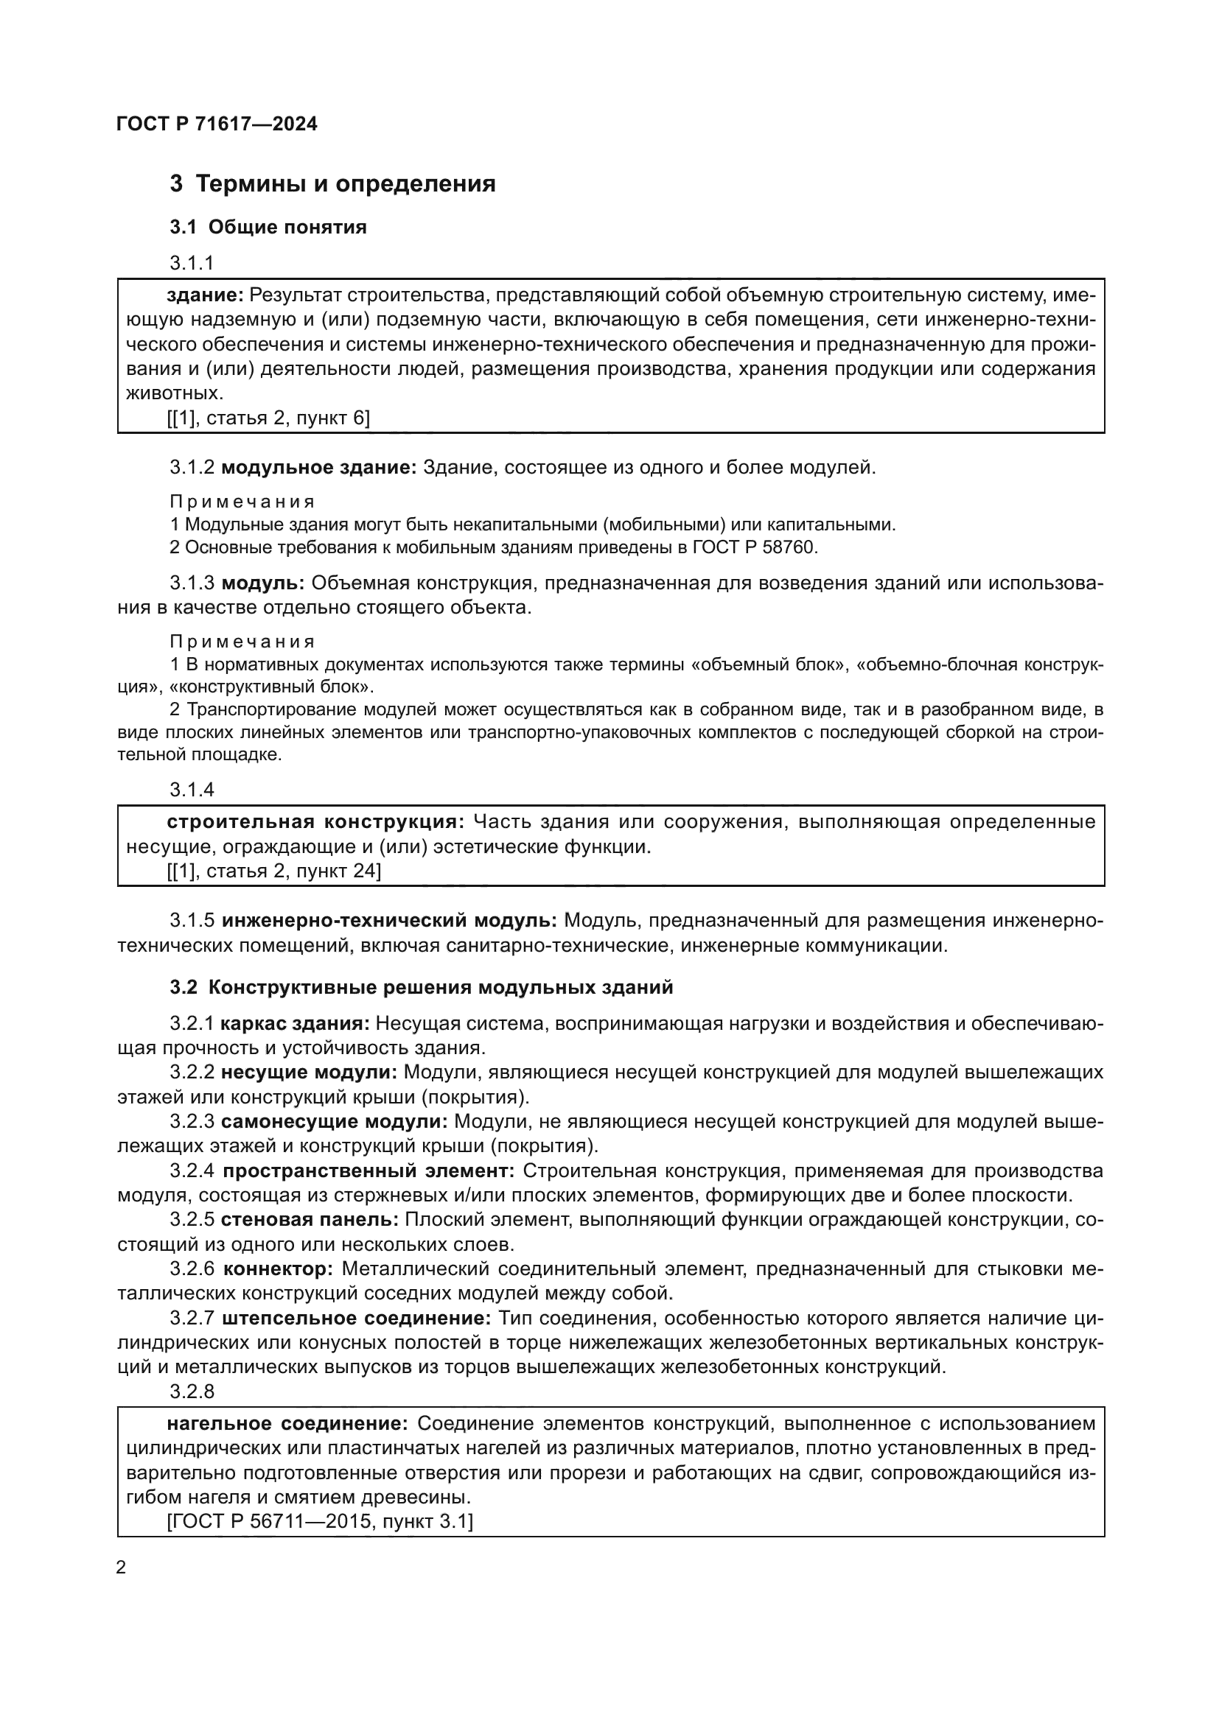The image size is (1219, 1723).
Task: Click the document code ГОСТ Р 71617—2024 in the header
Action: click(x=217, y=124)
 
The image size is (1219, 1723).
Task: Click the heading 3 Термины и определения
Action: click(x=332, y=184)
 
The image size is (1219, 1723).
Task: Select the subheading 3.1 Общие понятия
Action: click(x=268, y=228)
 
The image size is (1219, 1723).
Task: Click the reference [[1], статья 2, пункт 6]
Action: click(x=268, y=418)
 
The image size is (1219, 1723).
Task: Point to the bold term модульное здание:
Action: click(x=319, y=468)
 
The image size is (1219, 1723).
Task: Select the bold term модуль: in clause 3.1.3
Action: click(x=263, y=583)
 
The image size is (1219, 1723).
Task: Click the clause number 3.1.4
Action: click(x=192, y=790)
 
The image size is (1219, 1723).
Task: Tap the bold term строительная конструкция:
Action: click(x=315, y=822)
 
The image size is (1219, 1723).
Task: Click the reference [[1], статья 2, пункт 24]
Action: click(x=273, y=871)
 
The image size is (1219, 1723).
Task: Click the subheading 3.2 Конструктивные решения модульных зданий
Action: click(x=421, y=988)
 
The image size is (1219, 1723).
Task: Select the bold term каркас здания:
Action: click(x=295, y=1024)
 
